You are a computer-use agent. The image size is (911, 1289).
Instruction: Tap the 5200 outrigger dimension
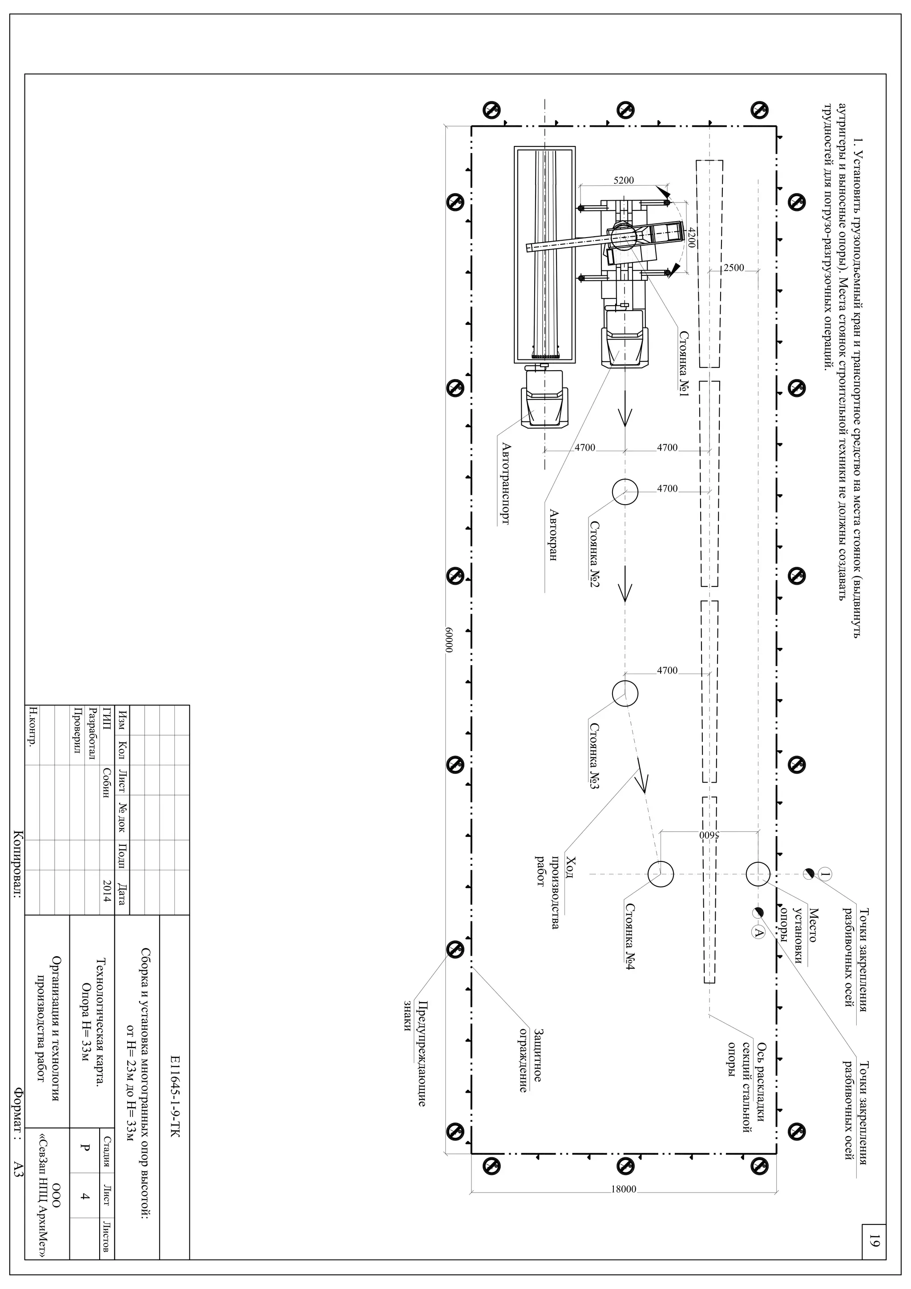click(624, 180)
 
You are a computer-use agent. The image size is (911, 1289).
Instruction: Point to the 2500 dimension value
click(733, 268)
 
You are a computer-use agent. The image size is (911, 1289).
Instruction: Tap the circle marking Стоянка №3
click(625, 694)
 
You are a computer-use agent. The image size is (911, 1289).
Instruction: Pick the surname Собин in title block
click(107, 780)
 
